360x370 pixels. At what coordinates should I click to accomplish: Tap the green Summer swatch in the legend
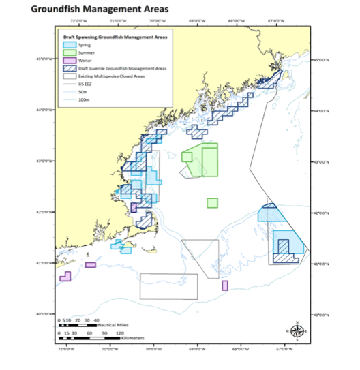[67, 52]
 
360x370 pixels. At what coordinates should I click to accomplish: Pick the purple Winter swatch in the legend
[67, 61]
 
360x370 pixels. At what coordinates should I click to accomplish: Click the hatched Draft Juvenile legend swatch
[67, 69]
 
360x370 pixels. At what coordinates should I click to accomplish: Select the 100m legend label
[84, 100]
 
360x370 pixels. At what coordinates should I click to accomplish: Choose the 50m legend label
[83, 92]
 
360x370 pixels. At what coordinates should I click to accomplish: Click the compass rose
[297, 331]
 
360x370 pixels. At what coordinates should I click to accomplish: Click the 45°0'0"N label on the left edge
[42, 60]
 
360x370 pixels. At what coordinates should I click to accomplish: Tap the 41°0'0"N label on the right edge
[320, 263]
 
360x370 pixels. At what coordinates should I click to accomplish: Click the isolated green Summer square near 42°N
[212, 202]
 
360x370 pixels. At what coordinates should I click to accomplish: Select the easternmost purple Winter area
[225, 285]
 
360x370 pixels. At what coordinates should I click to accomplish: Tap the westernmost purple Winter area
[66, 277]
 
